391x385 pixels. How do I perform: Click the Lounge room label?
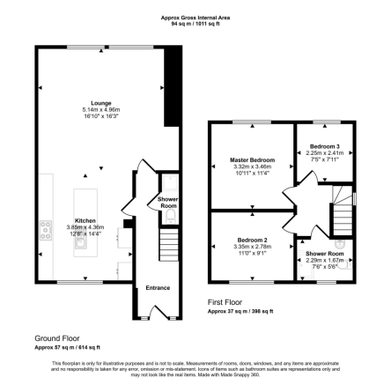tap(89, 103)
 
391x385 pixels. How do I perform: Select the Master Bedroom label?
tap(251, 160)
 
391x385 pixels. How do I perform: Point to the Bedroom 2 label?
tap(253, 239)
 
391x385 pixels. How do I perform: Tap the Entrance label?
tap(158, 287)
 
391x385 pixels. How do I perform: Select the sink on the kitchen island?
tap(80, 246)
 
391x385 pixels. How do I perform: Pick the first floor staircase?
tap(342, 206)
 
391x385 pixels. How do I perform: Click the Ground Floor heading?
tap(51, 337)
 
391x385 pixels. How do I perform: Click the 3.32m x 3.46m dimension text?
tap(251, 167)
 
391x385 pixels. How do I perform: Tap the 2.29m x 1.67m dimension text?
tap(325, 261)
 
